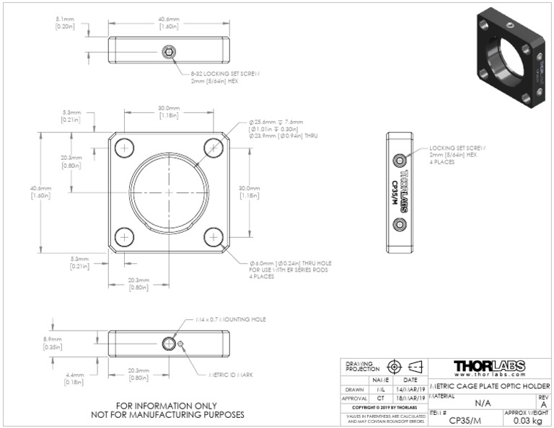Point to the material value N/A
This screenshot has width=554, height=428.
(x=483, y=403)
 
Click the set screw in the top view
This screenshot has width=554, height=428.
(x=168, y=53)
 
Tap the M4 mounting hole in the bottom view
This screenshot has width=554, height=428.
(x=169, y=342)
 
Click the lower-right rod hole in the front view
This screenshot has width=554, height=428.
(x=213, y=236)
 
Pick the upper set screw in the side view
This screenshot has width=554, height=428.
(x=400, y=159)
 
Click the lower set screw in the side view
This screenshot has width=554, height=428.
(x=400, y=226)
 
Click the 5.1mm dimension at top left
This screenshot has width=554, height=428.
(x=66, y=22)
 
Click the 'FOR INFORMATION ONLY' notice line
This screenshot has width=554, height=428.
(x=167, y=405)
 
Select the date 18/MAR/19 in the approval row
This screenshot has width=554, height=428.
(x=408, y=397)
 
